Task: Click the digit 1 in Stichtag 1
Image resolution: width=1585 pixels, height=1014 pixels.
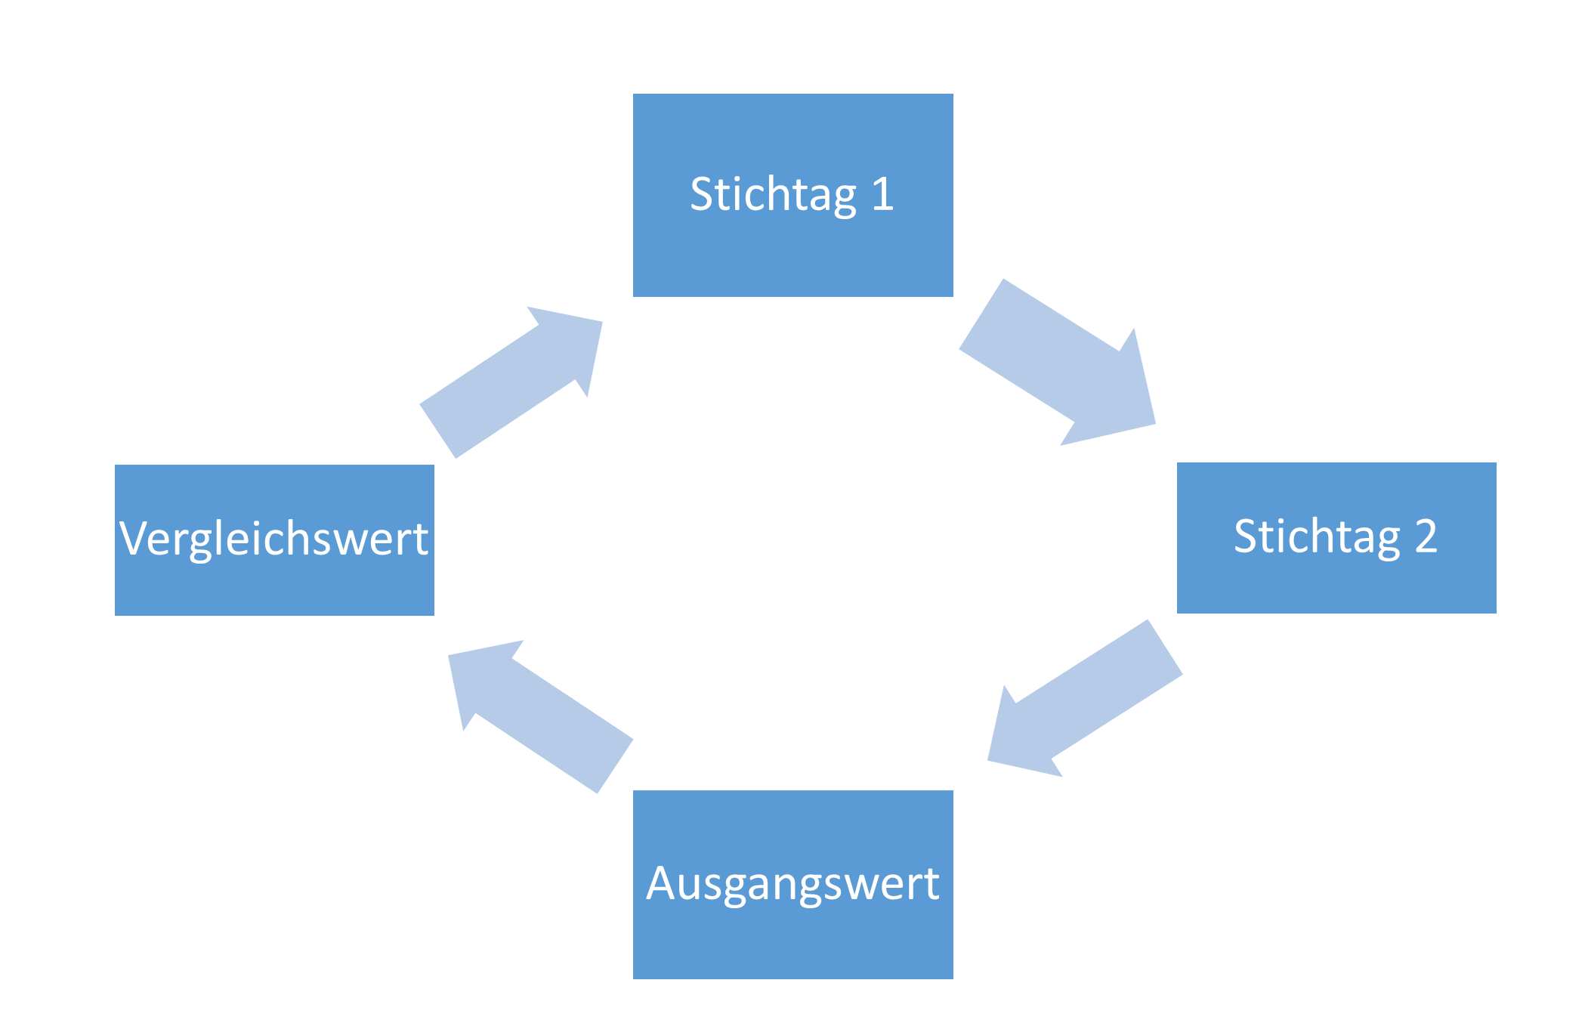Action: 882,194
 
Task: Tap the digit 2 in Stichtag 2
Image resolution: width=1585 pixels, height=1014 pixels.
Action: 1426,536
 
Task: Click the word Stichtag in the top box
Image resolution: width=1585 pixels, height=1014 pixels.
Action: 773,195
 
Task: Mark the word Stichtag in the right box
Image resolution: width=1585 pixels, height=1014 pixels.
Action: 1317,537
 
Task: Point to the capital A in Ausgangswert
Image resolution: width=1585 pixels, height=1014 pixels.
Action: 661,883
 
